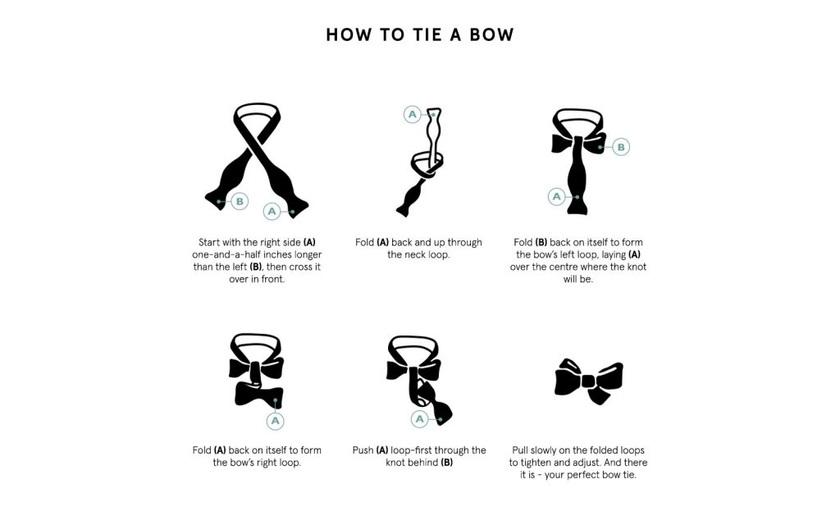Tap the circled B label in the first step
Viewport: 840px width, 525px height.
(240, 200)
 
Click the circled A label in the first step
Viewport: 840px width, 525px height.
(272, 211)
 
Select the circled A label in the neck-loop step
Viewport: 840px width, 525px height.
(413, 114)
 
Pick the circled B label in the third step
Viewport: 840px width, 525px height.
(621, 147)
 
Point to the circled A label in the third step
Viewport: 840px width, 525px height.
(557, 196)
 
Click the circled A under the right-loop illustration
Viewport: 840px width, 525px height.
(276, 420)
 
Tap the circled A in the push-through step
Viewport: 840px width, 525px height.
(420, 419)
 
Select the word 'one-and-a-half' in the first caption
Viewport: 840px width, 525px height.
(216, 254)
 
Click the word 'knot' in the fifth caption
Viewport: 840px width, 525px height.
(398, 463)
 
